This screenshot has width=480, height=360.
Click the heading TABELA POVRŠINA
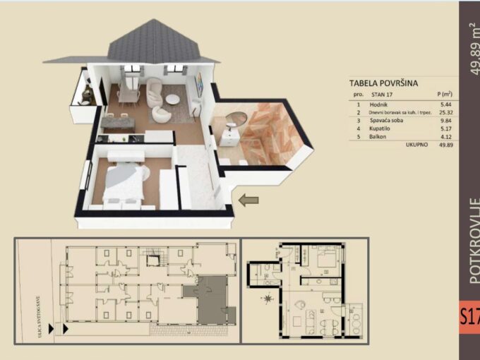pyautogui.click(x=383, y=83)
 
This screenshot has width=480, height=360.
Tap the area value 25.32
pyautogui.click(x=444, y=112)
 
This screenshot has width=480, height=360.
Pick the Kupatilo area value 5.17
pyautogui.click(x=444, y=128)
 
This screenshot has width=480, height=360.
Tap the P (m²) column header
pyautogui.click(x=444, y=94)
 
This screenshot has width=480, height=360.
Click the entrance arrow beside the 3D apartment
pyautogui.click(x=248, y=200)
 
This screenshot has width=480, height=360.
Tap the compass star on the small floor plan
pyautogui.click(x=269, y=300)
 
